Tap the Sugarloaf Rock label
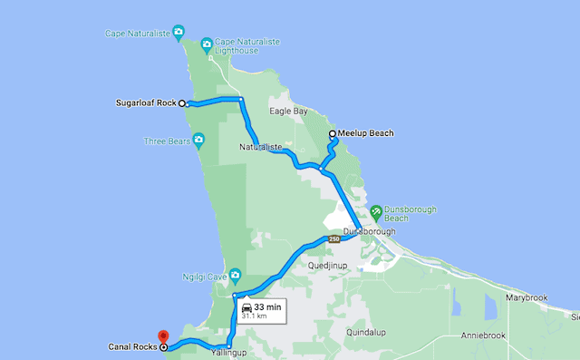tap(147, 102)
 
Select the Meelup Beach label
tap(367, 133)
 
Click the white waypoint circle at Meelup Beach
tap(333, 133)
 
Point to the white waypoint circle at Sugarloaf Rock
tap(182, 103)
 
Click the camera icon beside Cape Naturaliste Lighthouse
tap(207, 44)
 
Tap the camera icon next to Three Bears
tap(199, 141)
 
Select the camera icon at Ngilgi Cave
tap(235, 274)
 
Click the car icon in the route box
tap(246, 307)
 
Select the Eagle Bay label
tap(289, 112)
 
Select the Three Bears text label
tap(167, 141)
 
